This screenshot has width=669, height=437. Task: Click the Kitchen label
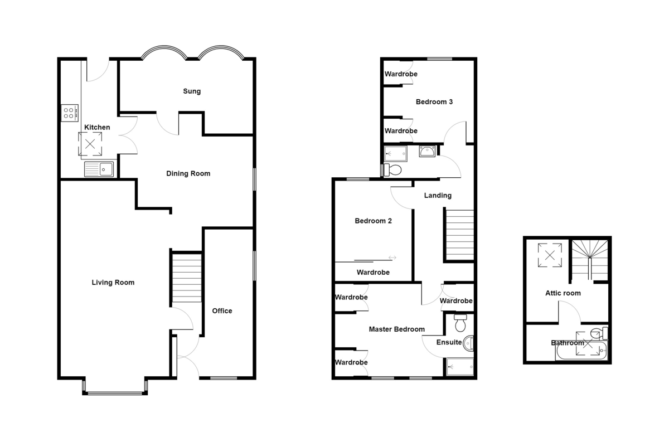click(x=97, y=128)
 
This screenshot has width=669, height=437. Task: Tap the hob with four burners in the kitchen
click(x=70, y=113)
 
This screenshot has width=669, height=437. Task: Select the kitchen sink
click(x=99, y=168)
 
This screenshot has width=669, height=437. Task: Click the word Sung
click(x=192, y=91)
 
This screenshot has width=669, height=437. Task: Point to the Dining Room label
click(x=188, y=173)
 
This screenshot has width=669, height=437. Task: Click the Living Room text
click(x=113, y=283)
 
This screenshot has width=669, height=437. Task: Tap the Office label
click(x=222, y=310)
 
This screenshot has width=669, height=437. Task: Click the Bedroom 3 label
click(x=434, y=102)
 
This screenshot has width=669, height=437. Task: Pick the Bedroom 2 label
click(x=374, y=221)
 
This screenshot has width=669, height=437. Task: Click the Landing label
click(x=438, y=196)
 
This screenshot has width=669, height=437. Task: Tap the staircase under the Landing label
click(x=459, y=235)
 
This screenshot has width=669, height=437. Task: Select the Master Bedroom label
click(x=397, y=329)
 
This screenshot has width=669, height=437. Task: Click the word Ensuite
click(x=449, y=342)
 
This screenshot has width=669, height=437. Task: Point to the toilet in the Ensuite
click(x=460, y=323)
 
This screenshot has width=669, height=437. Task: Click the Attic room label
click(x=563, y=293)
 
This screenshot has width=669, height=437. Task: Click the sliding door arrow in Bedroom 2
click(x=392, y=257)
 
